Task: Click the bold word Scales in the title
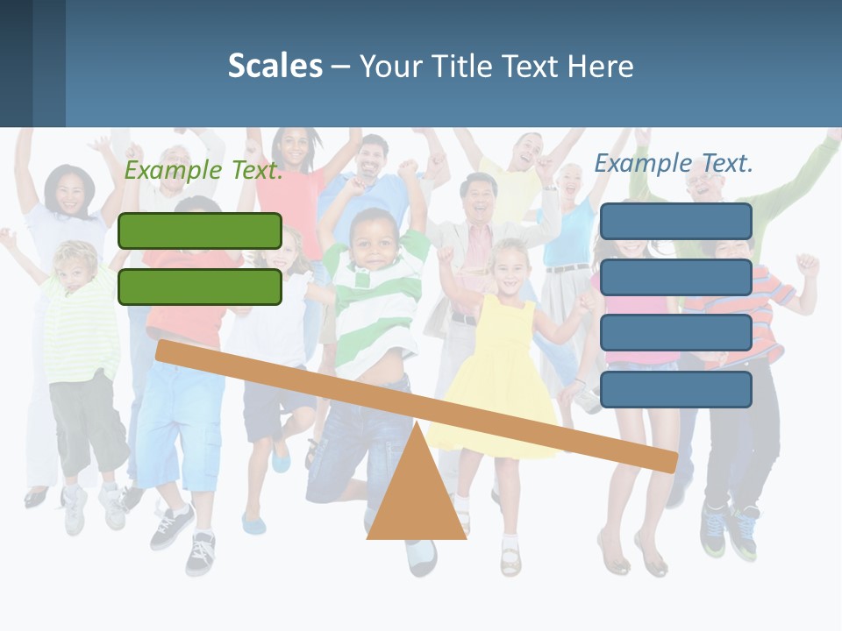pos(275,66)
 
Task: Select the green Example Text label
pos(203,170)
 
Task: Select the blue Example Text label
pos(674,163)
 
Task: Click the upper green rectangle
pos(200,230)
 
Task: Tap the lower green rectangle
pos(200,287)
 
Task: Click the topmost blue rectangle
pos(675,221)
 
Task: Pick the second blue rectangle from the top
pos(675,277)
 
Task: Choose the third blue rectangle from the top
pos(675,333)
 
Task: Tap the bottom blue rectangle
pos(675,389)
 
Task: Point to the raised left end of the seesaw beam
pos(167,351)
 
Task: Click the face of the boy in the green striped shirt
pos(374,238)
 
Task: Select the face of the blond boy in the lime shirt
pos(75,267)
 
